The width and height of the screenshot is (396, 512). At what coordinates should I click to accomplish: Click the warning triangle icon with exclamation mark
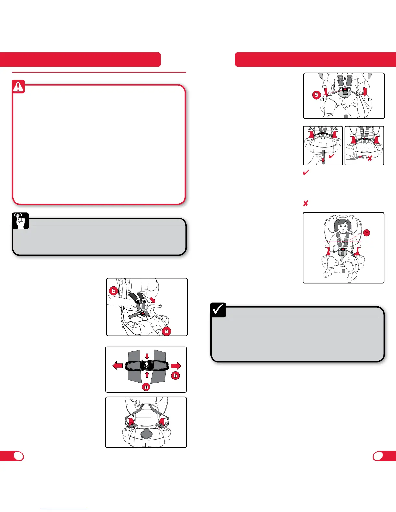tap(18, 87)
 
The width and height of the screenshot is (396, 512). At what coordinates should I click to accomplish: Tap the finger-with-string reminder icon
tap(21, 221)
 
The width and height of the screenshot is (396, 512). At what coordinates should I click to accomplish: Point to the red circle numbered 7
tap(367, 233)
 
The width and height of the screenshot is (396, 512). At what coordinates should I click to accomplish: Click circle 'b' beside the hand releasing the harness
tap(114, 291)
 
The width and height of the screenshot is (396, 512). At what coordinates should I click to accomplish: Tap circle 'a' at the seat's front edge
tap(167, 331)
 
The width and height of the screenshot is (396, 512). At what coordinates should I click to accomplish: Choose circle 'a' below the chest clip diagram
tap(146, 387)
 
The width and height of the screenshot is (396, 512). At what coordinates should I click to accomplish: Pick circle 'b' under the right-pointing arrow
tap(175, 376)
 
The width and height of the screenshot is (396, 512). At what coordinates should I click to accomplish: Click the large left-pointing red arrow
tap(117, 366)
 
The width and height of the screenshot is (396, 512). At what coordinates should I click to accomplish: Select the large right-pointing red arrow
tap(176, 366)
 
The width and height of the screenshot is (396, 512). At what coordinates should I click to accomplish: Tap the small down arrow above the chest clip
tap(147, 356)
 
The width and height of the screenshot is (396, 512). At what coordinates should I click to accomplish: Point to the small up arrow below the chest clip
tap(147, 375)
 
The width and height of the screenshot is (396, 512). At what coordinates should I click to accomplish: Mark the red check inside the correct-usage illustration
tap(332, 157)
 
